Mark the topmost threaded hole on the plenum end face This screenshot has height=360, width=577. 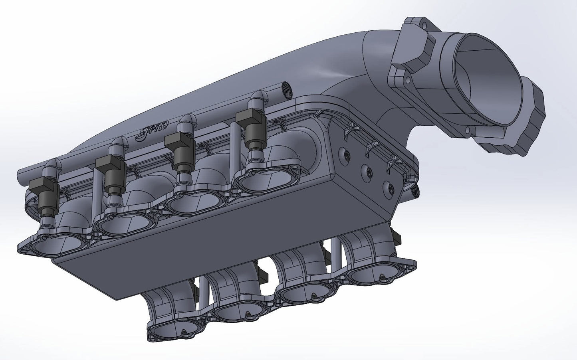pos(342,154)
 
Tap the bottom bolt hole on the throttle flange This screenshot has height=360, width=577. pos(467,130)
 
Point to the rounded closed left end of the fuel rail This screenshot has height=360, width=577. pos(22,176)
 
